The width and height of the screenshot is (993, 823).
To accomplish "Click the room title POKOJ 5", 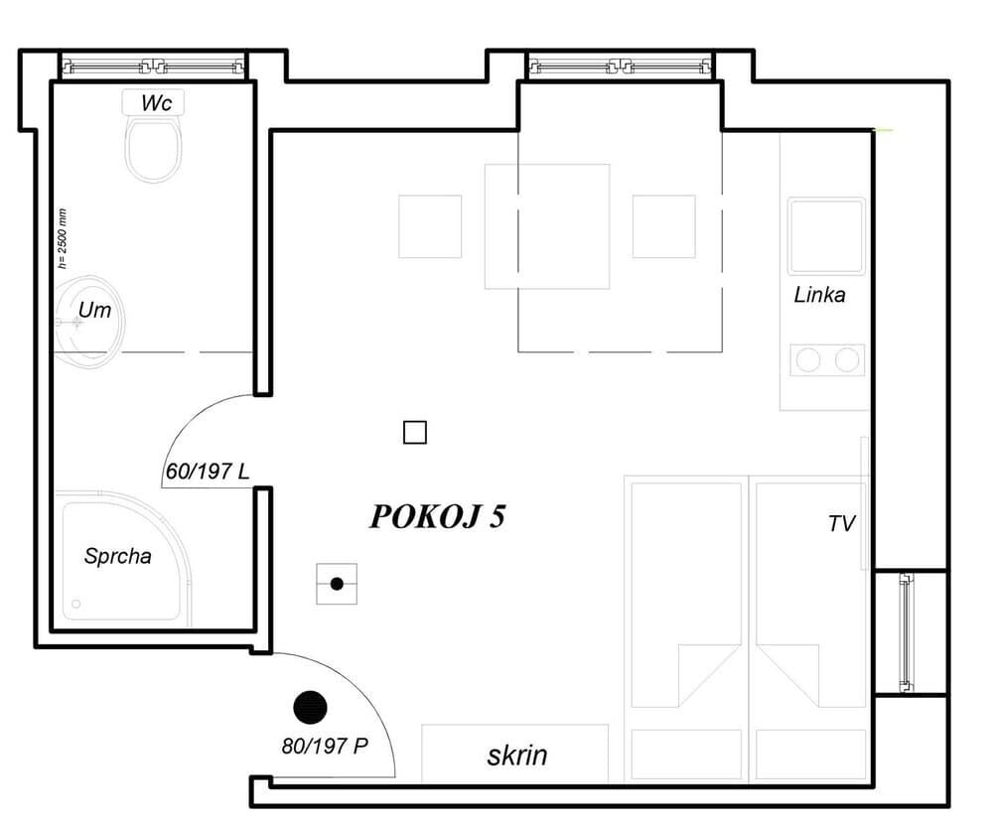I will click(437, 517).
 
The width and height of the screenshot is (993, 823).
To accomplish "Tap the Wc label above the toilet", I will click(153, 102).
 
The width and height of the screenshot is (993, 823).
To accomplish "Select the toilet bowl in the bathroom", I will click(153, 149).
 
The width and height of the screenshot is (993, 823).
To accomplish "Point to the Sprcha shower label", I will click(117, 556).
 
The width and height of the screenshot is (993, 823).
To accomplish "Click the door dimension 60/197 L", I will click(207, 472).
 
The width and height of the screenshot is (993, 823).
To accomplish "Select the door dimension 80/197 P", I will click(324, 746).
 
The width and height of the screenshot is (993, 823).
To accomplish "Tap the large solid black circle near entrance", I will click(310, 707).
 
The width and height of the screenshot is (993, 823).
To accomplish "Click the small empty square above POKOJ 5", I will click(415, 433).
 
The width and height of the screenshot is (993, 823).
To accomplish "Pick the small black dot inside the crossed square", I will click(337, 584).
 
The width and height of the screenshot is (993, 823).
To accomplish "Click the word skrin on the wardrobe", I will click(516, 755).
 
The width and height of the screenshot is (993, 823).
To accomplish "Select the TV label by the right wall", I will click(841, 524).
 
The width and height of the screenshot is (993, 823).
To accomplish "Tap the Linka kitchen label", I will click(819, 295).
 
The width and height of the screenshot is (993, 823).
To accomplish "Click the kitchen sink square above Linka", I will click(826, 236).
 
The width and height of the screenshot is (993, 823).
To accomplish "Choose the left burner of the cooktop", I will click(808, 359).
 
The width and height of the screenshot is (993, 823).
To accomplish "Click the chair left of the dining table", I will click(430, 226).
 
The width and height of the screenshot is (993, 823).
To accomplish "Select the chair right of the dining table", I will click(663, 226).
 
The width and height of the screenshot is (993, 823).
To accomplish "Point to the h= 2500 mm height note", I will click(63, 238).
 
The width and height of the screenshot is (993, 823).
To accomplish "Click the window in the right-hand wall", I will click(906, 632).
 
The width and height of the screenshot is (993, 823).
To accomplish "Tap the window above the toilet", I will click(153, 68).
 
